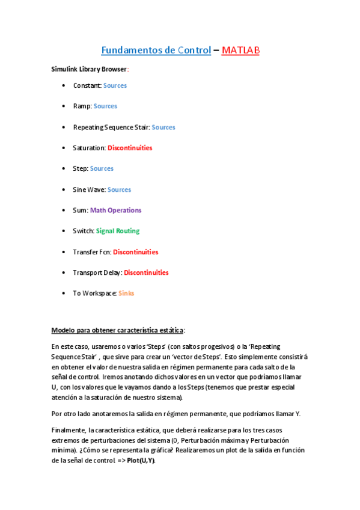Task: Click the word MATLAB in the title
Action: click(240, 51)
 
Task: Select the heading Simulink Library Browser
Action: click(88, 69)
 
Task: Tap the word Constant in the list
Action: click(87, 85)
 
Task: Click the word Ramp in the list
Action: click(82, 106)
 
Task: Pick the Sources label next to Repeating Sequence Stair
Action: click(163, 127)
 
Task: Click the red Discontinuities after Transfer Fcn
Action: click(135, 252)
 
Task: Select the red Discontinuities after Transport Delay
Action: click(146, 272)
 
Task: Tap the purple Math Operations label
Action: click(115, 210)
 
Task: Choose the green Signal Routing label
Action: click(118, 231)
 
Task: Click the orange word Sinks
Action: click(126, 293)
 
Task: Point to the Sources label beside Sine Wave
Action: click(119, 189)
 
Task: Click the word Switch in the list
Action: click(83, 231)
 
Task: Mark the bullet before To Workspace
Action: click(64, 293)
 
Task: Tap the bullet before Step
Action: click(64, 169)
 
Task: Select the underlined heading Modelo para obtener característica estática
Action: click(118, 330)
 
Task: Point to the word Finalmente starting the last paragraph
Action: click(68, 431)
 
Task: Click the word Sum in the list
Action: click(80, 210)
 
